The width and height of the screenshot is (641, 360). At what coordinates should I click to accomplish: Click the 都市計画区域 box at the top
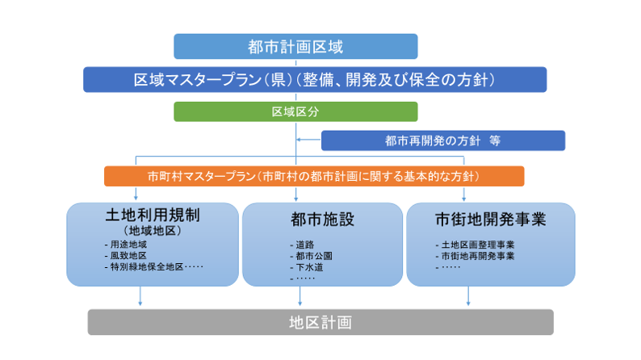tap(295, 47)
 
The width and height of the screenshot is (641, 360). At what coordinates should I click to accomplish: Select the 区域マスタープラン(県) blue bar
tap(315, 79)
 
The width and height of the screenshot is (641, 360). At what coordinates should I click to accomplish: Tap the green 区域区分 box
tap(295, 111)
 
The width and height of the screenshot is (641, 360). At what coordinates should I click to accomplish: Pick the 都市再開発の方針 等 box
tap(442, 140)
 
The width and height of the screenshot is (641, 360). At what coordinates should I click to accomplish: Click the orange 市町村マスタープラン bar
tap(314, 176)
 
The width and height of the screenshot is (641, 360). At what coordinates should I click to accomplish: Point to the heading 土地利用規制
tap(153, 216)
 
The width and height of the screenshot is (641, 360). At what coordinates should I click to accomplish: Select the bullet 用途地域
tap(130, 244)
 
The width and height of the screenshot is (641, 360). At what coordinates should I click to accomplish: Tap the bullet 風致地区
tap(130, 255)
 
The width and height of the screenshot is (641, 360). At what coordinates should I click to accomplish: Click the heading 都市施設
tap(322, 218)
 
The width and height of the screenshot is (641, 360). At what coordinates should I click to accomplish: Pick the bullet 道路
tap(304, 244)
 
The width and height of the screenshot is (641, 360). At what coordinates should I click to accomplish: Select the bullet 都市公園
tap(309, 256)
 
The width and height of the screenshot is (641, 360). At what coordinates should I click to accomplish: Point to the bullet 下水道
tap(307, 267)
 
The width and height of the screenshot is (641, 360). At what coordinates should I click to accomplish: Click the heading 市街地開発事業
tap(490, 218)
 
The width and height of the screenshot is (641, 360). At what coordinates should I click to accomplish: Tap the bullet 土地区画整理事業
tap(477, 245)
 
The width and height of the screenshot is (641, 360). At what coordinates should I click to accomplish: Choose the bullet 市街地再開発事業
tap(477, 256)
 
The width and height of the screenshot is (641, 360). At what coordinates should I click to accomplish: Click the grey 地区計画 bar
tap(320, 323)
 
